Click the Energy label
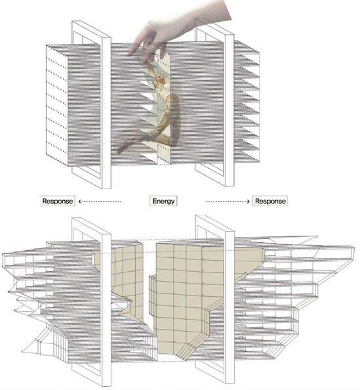pyautogui.click(x=163, y=201)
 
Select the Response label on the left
pyautogui.click(x=58, y=201)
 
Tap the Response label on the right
pyautogui.click(x=270, y=201)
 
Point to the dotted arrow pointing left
pyautogui.click(x=100, y=201)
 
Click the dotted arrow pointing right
pyautogui.click(x=228, y=201)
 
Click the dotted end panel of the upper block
pyautogui.click(x=56, y=106)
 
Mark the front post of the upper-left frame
pyautogui.click(x=106, y=112)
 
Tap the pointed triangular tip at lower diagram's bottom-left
pyautogui.click(x=23, y=351)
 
